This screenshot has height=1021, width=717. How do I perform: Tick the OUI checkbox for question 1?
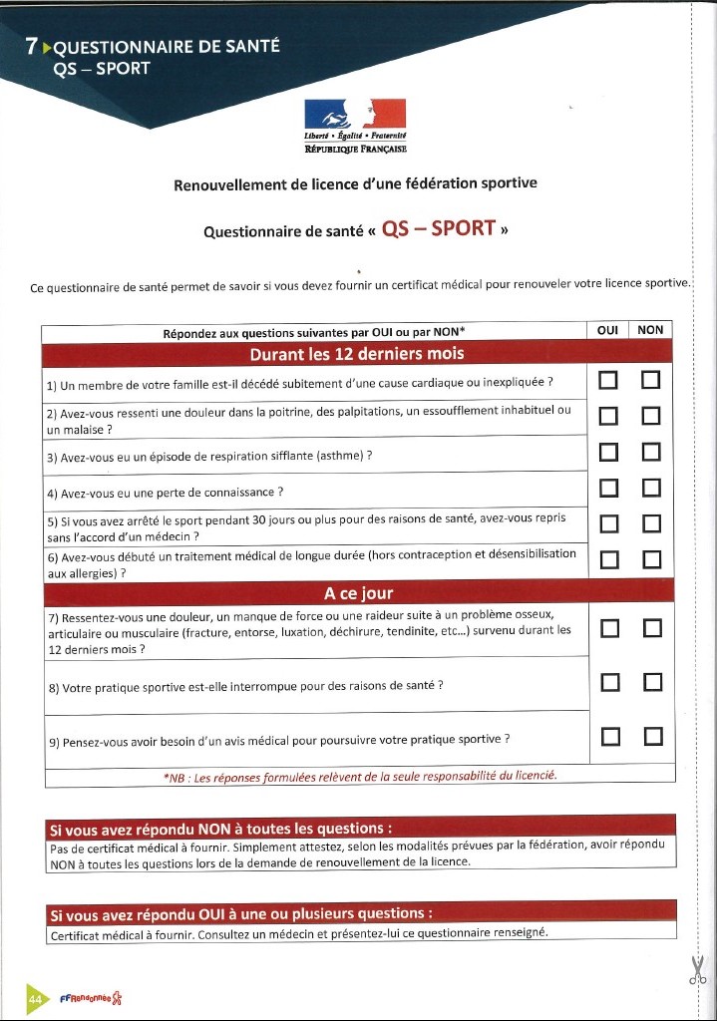(607, 381)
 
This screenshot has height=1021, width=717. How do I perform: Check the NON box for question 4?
(652, 488)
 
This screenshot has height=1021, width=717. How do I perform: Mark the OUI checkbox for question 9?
(611, 737)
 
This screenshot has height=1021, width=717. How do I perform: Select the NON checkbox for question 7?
(652, 628)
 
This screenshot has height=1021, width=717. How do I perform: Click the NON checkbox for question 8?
(653, 682)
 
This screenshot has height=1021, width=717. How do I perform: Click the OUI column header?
(607, 330)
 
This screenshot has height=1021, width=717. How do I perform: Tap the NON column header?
(650, 330)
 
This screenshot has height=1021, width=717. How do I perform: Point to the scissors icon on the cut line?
(697, 969)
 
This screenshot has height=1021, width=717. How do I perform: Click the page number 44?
(35, 998)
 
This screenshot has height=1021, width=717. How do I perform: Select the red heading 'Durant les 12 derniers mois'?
(356, 354)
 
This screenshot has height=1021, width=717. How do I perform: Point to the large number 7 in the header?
(33, 46)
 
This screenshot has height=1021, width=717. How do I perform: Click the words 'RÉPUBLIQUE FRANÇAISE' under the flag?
(356, 148)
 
